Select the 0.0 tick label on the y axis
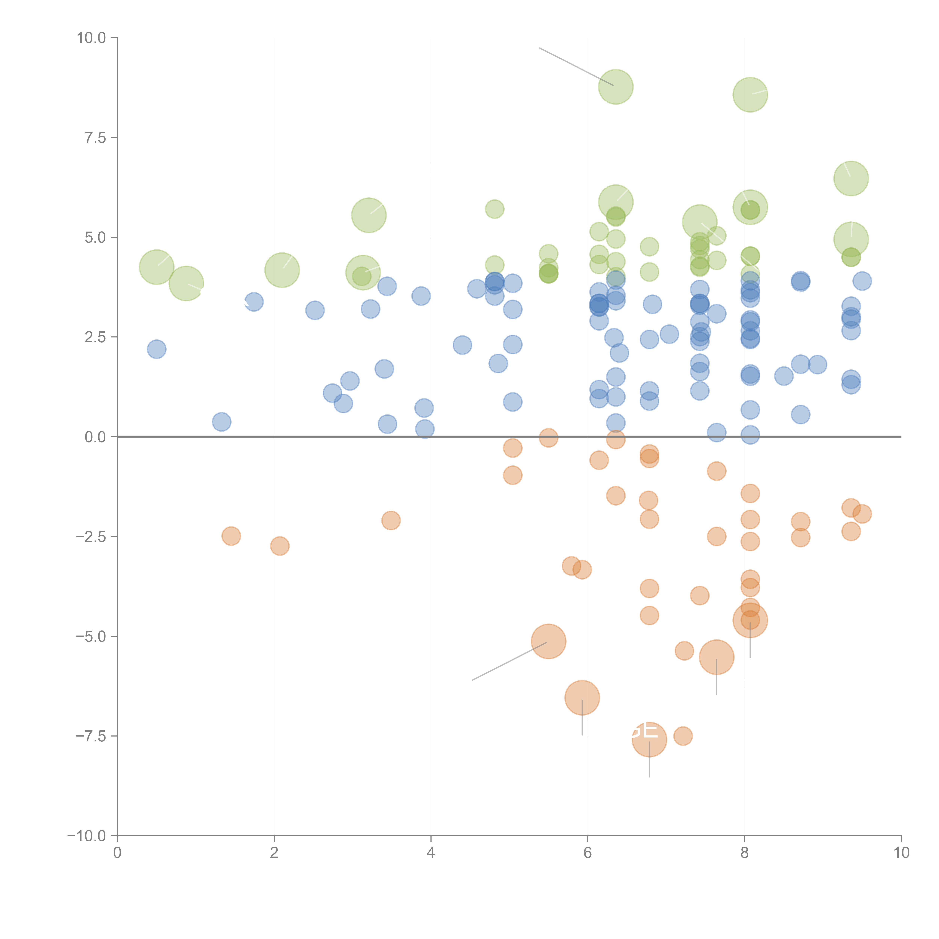pos(95,437)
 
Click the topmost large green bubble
pos(616,87)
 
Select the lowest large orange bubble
pos(649,740)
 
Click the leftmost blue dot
pos(156,349)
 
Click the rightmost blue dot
pos(862,281)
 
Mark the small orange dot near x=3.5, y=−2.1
pos(391,521)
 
